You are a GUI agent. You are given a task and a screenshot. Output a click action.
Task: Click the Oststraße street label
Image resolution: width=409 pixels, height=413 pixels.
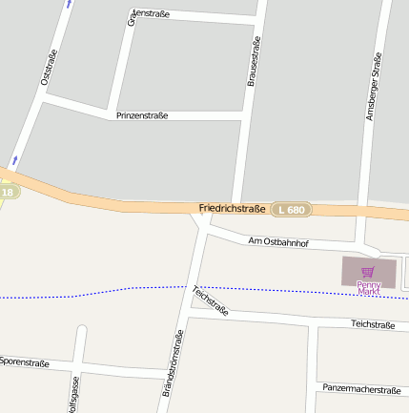tap(50, 68)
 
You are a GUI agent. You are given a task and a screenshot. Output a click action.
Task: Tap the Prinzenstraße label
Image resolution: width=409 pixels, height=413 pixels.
tap(142, 115)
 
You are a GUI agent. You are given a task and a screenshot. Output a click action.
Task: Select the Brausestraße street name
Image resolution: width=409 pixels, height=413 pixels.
tap(254, 65)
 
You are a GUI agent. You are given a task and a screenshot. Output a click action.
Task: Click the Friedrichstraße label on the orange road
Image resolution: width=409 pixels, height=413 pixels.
tap(232, 208)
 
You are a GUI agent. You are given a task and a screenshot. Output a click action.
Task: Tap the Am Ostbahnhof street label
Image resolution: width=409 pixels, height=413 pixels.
tap(277, 243)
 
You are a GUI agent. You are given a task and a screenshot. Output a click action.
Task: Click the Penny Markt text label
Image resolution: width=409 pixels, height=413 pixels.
tap(369, 287)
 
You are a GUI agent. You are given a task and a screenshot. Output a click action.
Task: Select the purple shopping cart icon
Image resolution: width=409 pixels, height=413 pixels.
tap(368, 272)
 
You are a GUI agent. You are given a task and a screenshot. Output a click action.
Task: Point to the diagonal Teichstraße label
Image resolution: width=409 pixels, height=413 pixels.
tap(211, 300)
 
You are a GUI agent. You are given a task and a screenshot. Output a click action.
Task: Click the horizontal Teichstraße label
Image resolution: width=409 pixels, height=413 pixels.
tap(373, 325)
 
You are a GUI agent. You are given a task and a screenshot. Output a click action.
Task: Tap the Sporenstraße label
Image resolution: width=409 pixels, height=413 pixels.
tap(25, 362)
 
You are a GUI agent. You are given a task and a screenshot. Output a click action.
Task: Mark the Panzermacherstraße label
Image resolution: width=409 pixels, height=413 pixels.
tap(361, 389)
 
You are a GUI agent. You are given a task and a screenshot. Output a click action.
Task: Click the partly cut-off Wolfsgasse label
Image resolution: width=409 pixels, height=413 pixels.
tap(73, 395)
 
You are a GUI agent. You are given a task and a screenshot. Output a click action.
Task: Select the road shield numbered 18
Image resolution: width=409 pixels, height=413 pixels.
tap(8, 193)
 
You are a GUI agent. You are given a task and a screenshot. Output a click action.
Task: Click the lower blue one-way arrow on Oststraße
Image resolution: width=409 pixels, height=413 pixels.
tap(14, 159)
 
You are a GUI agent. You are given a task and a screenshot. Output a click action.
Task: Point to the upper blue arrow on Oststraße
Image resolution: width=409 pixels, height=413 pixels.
tap(68, 4)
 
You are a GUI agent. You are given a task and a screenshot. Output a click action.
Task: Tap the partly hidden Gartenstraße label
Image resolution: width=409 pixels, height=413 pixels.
tap(151, 14)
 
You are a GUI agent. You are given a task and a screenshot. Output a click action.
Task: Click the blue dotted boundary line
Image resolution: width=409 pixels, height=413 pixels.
tap(95, 292)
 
